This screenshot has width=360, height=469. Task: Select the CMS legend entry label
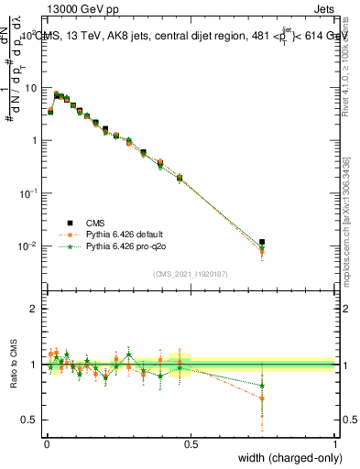click(94, 222)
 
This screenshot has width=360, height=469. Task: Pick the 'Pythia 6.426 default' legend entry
click(123, 234)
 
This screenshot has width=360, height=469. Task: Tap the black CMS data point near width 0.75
click(262, 243)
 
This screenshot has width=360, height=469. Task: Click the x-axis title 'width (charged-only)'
click(284, 458)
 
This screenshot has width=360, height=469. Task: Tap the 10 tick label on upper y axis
click(32, 88)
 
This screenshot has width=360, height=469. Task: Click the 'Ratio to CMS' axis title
click(12, 365)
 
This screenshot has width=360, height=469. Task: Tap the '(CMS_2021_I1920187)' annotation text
click(191, 273)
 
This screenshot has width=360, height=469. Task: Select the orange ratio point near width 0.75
click(262, 398)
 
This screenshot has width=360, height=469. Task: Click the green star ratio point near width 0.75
click(262, 386)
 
